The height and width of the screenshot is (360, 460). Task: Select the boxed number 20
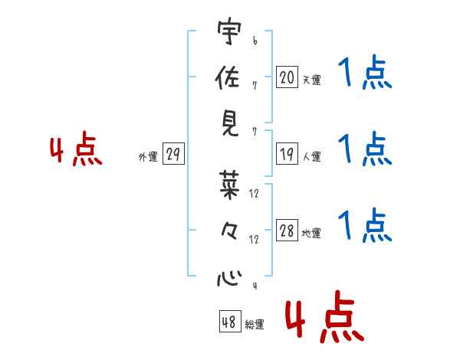click(x=287, y=77)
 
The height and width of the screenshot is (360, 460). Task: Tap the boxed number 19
click(x=287, y=154)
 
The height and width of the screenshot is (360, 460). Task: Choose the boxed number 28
click(x=287, y=231)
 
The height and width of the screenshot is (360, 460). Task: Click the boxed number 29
click(x=172, y=154)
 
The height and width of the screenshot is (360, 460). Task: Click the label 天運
click(x=311, y=80)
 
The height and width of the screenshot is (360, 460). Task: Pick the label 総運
click(x=255, y=325)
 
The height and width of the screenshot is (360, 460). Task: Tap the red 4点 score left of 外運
click(x=76, y=151)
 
